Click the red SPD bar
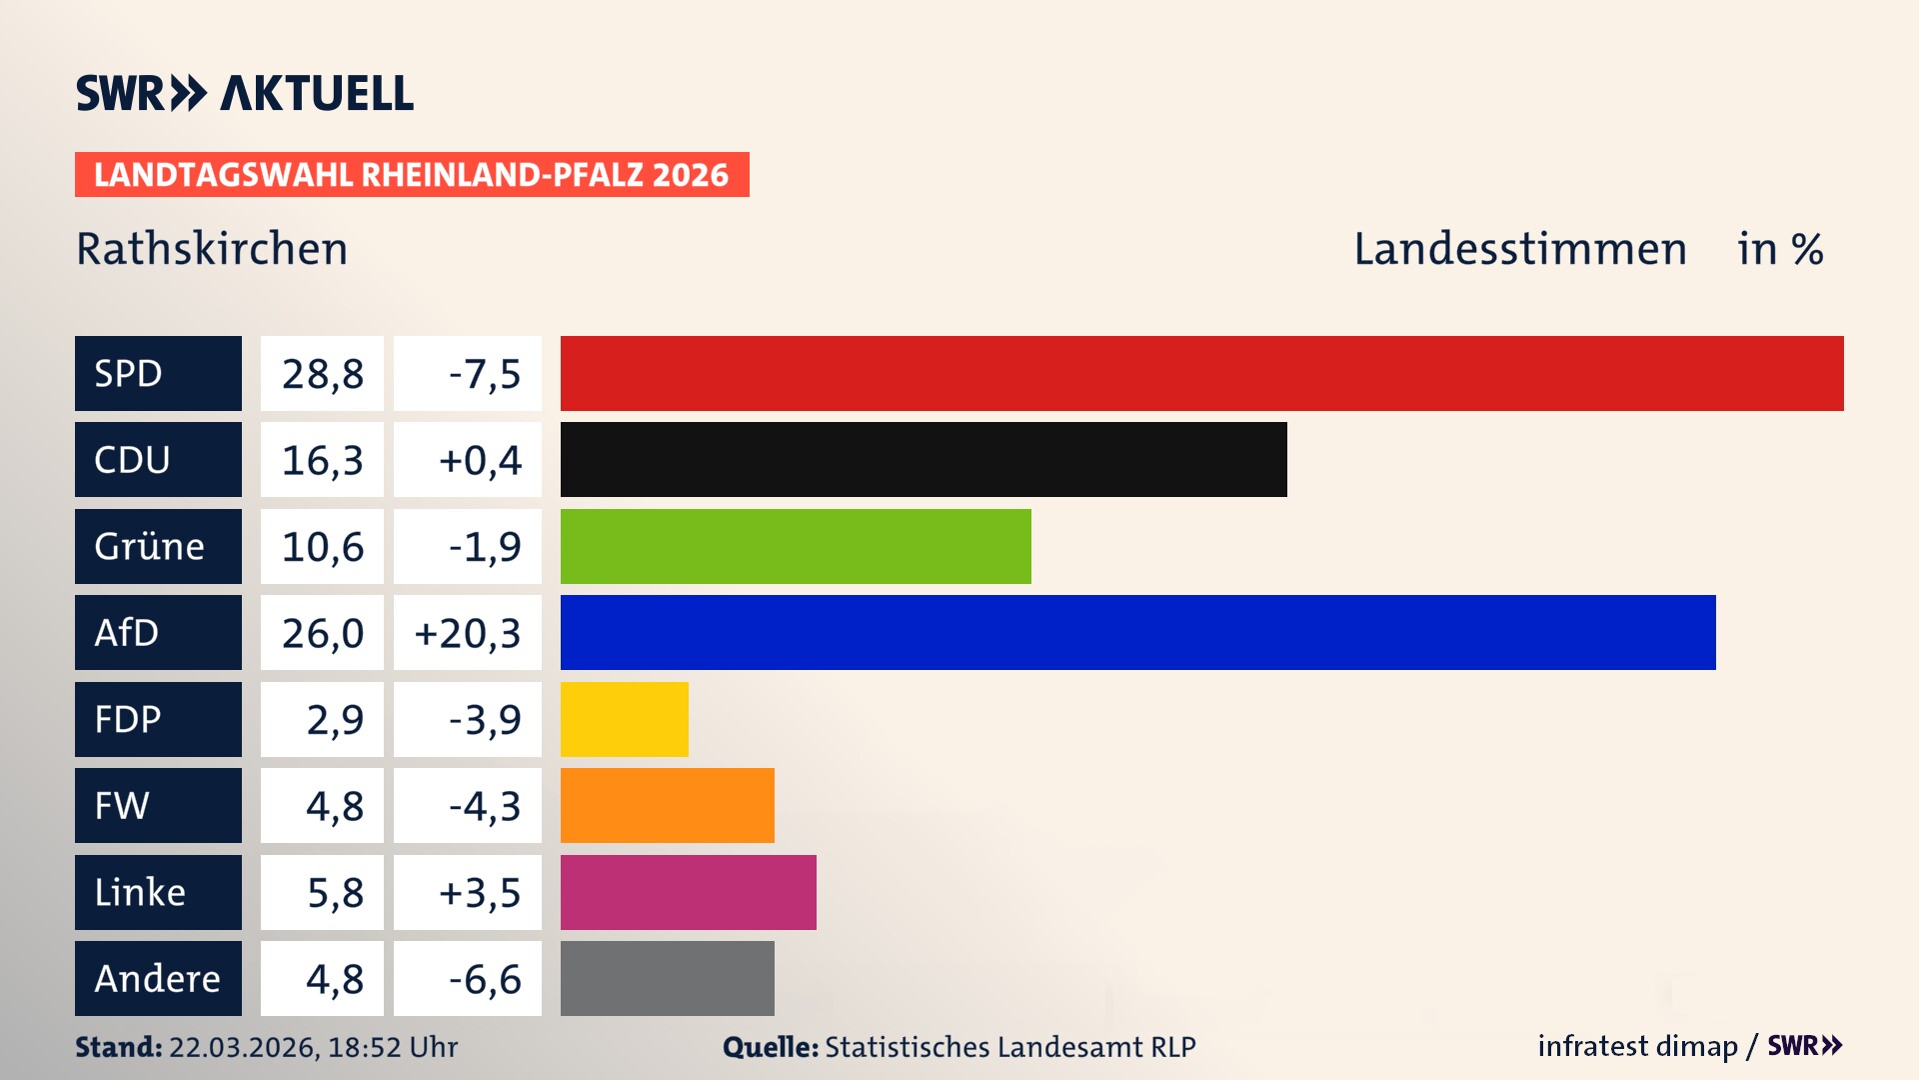tap(1201, 373)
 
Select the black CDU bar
tap(924, 460)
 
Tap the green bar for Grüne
tap(796, 546)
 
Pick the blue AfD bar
tap(1137, 633)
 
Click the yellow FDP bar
tap(624, 719)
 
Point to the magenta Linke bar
tap(688, 892)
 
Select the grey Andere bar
tap(667, 978)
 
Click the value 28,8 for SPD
tap(322, 374)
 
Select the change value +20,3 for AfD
tap(468, 633)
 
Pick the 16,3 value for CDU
tap(322, 460)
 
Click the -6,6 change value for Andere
tap(484, 979)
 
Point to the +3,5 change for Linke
tap(480, 892)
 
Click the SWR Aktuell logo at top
tap(245, 93)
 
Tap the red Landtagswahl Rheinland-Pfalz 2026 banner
tap(412, 175)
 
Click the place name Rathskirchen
tap(212, 249)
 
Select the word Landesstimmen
tap(1519, 249)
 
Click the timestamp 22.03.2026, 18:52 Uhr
tap(313, 1047)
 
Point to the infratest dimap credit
tap(1637, 1046)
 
